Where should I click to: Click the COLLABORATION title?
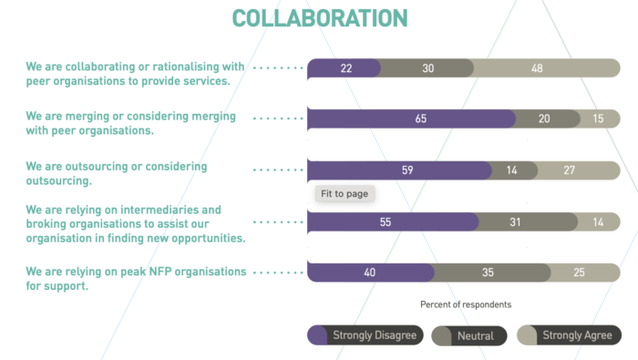[x=319, y=18]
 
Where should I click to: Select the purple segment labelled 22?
[x=344, y=68]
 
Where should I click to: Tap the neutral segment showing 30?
[x=427, y=68]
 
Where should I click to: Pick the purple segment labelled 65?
[x=411, y=118]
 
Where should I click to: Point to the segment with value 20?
[x=544, y=118]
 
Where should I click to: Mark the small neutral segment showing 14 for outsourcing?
[x=513, y=170]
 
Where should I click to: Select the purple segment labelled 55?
[x=393, y=221]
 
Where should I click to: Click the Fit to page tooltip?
[x=345, y=193]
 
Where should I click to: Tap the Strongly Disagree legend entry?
[x=365, y=335]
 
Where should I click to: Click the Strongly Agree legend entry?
[x=569, y=335]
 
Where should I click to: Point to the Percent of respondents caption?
[x=465, y=304]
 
